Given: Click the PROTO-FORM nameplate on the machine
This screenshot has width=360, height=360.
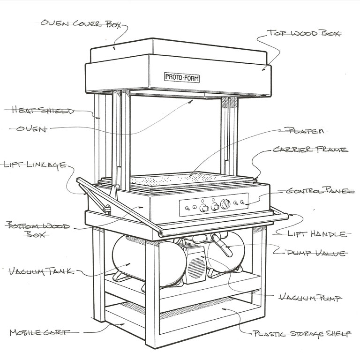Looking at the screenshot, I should pos(182,77).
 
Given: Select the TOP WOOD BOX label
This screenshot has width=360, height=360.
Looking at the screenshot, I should pos(304,34).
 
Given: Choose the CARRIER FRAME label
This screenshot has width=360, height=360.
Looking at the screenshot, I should pos(310,150).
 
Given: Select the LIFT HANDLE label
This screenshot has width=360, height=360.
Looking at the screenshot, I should pos(324,233).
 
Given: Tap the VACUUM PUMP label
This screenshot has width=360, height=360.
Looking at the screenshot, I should pos(309,297).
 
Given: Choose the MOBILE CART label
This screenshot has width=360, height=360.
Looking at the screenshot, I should pos(39,333).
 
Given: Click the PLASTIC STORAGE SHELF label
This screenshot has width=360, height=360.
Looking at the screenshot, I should pos(301,334).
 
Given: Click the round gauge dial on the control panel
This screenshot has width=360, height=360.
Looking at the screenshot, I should pos(225,204).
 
